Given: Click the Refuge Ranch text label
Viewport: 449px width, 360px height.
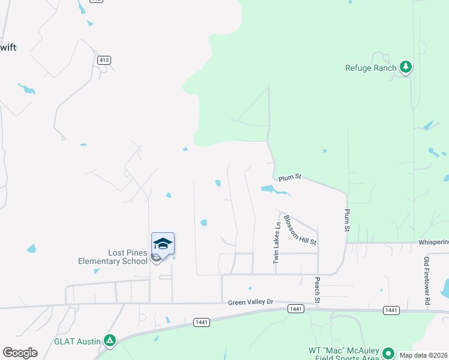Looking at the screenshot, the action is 370,68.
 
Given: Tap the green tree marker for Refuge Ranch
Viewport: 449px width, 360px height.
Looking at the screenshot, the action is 406,67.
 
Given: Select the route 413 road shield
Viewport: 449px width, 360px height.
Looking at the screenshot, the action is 104,60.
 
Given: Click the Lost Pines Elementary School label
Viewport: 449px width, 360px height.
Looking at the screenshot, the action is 112,257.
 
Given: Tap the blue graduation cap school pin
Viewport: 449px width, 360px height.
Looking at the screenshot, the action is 163,243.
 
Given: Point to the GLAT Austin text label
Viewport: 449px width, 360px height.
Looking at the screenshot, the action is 77,341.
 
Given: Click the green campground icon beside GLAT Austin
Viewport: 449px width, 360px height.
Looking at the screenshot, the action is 109,341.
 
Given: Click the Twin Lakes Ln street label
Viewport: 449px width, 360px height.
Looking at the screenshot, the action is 277,244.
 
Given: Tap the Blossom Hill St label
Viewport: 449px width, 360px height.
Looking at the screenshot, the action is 300,230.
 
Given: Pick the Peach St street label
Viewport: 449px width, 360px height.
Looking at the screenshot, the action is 317,290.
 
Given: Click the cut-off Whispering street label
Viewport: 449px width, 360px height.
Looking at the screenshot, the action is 433,242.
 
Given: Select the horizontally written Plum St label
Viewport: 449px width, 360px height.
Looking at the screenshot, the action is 289,177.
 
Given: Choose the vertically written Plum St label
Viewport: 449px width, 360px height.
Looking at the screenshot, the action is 347,220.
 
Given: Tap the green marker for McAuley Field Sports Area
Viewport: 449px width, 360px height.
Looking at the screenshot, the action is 388,354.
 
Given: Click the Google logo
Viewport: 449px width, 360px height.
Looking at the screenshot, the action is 20,353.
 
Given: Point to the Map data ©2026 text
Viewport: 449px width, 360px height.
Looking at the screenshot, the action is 423,355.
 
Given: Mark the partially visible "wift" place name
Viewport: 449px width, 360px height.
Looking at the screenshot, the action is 8,48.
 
